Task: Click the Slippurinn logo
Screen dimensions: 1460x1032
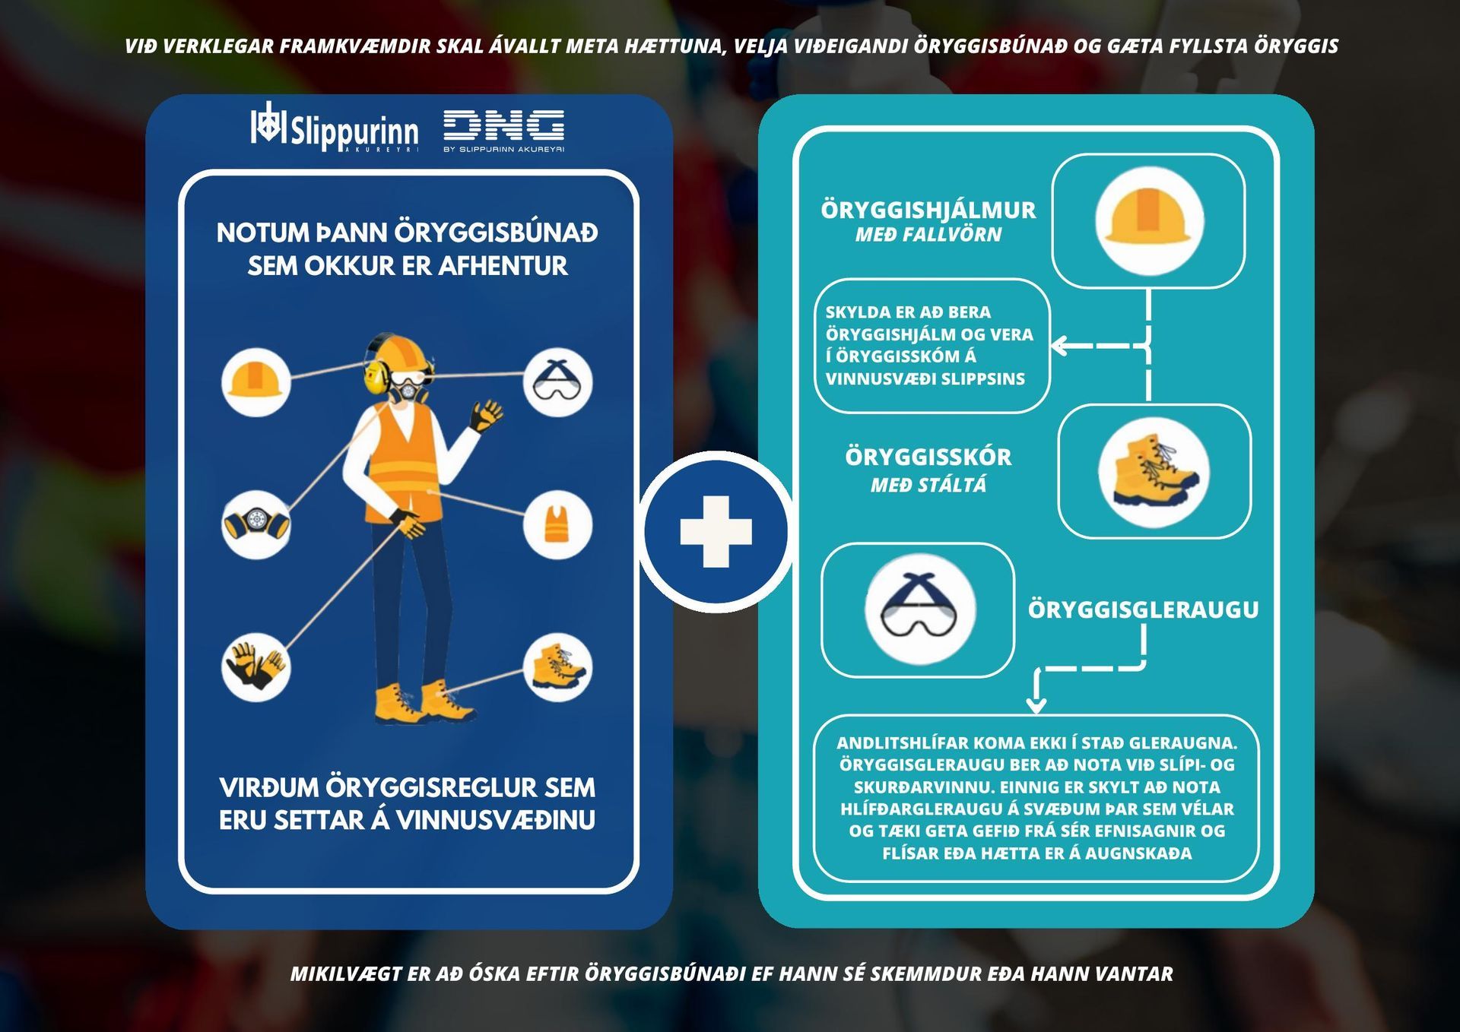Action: click(335, 127)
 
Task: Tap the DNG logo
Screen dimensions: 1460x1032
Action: click(504, 131)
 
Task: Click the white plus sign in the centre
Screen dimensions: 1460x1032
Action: click(716, 532)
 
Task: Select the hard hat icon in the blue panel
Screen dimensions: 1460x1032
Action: click(256, 382)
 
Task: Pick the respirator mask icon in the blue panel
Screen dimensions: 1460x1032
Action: click(256, 524)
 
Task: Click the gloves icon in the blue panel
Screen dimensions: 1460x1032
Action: click(256, 667)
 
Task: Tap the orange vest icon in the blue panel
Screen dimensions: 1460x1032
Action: click(557, 524)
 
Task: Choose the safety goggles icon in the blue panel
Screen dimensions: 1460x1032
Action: click(557, 382)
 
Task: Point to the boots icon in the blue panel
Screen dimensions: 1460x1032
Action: click(557, 667)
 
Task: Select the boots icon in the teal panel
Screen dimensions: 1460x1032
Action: click(1154, 472)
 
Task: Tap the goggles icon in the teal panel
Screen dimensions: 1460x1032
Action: click(920, 610)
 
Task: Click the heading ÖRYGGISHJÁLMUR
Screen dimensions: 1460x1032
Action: click(928, 211)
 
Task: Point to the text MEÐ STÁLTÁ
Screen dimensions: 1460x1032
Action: click(928, 485)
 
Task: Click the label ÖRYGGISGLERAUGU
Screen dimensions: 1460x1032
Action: click(1143, 609)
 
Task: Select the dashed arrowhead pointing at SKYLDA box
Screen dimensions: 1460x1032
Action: click(1058, 346)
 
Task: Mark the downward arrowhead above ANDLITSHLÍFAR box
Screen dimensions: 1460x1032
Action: click(1036, 705)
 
